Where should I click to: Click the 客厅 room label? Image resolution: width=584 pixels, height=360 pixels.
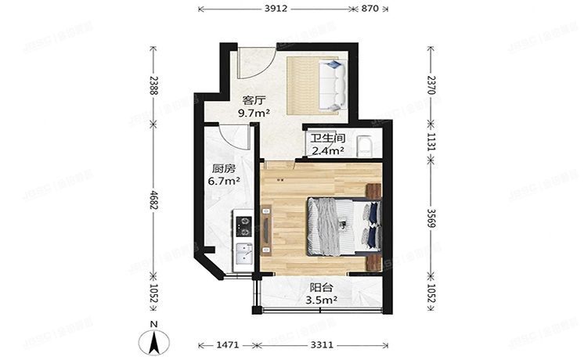pyautogui.click(x=252, y=100)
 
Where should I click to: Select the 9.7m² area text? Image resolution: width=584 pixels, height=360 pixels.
pyautogui.click(x=254, y=113)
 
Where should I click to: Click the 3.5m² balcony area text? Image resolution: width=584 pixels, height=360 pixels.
pyautogui.click(x=322, y=298)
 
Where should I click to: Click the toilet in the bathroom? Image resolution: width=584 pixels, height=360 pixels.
pyautogui.click(x=365, y=146)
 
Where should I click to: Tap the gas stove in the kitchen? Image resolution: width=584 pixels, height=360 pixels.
pyautogui.click(x=243, y=225)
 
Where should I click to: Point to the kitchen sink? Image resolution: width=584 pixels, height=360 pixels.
pyautogui.click(x=243, y=255)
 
